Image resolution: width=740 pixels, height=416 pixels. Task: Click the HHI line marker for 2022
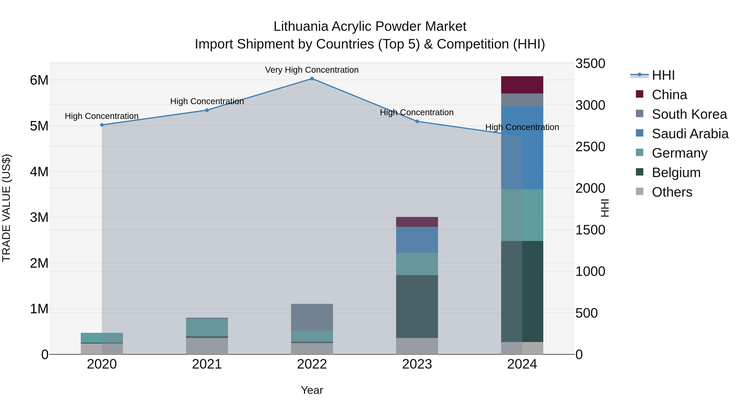(312, 79)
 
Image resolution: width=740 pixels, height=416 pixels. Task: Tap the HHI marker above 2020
(102, 125)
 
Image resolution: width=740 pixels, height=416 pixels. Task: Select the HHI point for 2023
(417, 121)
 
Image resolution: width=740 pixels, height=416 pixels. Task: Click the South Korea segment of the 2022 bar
(312, 317)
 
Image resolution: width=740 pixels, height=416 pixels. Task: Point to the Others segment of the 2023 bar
(417, 346)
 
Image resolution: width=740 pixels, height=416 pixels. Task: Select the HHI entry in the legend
(663, 75)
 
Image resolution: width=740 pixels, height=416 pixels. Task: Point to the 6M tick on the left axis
(39, 80)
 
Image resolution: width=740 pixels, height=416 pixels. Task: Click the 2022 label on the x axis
(312, 364)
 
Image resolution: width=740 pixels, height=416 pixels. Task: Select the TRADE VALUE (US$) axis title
(7, 208)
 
